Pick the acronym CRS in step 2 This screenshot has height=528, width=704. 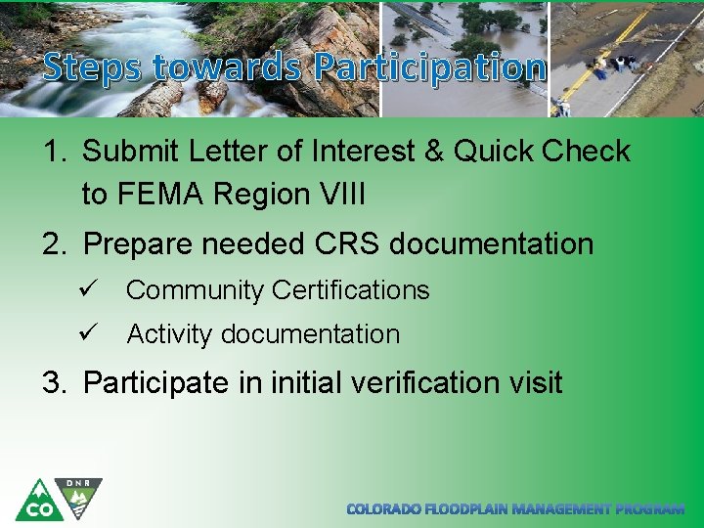point(348,243)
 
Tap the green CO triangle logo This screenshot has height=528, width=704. point(38,501)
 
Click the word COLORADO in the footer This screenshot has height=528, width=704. point(384,509)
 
